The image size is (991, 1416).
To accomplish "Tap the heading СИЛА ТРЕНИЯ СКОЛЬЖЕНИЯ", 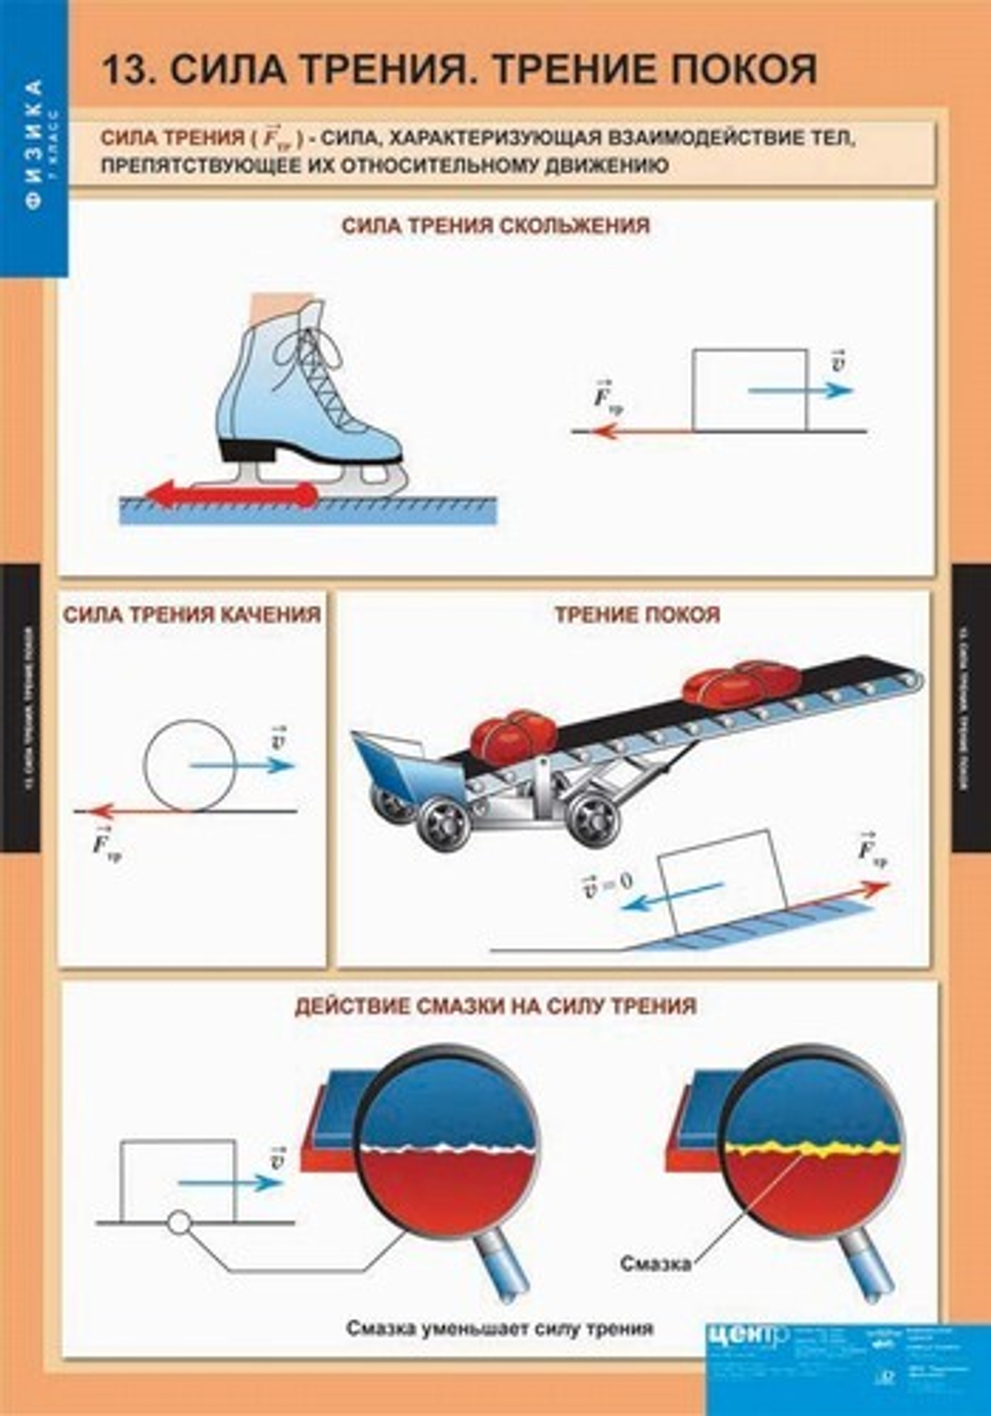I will pyautogui.click(x=495, y=226).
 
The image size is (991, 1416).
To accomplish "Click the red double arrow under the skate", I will pyautogui.click(x=233, y=492).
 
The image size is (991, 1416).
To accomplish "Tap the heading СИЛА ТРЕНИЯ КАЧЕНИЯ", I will pyautogui.click(x=191, y=614).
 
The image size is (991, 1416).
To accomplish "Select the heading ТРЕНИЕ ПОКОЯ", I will pyautogui.click(x=637, y=614).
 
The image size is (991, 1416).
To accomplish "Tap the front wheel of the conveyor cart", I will pyautogui.click(x=443, y=820).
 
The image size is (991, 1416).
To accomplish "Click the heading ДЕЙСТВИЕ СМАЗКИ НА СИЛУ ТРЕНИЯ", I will pyautogui.click(x=495, y=1007).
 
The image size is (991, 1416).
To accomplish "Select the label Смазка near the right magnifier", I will pyautogui.click(x=655, y=1263).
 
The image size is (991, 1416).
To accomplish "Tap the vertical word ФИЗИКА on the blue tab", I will pyautogui.click(x=35, y=144).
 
